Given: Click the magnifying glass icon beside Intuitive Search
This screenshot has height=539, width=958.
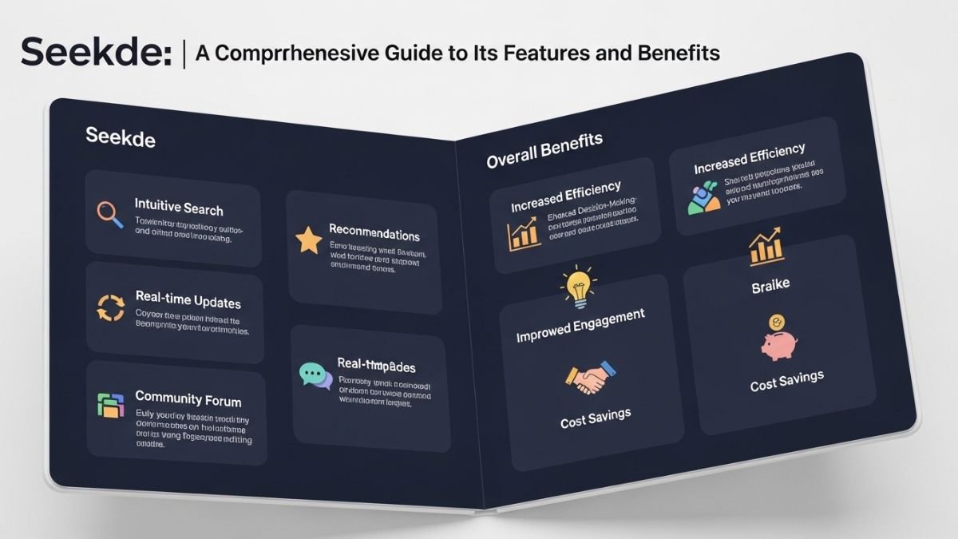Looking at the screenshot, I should point(109,213).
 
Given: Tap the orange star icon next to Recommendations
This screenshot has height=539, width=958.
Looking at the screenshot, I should point(308,240).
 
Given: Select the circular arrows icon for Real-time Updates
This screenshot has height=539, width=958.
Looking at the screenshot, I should point(109,307).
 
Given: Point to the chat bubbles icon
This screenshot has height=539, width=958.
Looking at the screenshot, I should point(315,375).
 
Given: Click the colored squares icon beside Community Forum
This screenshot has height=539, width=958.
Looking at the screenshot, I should point(109,404).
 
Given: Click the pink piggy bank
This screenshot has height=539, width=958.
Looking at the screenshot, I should point(778,344).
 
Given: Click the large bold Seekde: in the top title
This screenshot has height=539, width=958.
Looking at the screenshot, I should point(96,54).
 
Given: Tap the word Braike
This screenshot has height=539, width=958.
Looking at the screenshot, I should point(770,287).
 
